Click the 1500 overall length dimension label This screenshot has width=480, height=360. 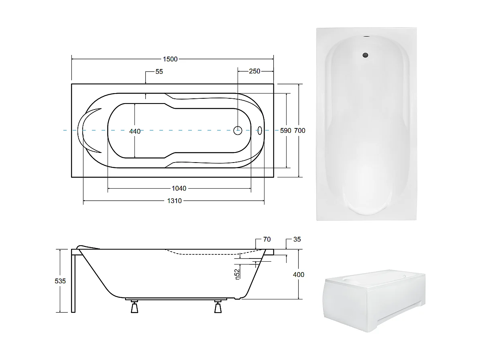(170, 59)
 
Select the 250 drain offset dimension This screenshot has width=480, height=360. (254, 71)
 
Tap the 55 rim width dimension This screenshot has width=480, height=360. (159, 72)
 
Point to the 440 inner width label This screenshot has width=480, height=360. (135, 131)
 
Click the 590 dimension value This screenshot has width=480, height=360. (285, 131)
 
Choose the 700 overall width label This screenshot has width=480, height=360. (300, 131)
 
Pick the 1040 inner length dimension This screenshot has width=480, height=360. (179, 189)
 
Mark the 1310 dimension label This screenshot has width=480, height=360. (175, 201)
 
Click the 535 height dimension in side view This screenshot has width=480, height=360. (60, 281)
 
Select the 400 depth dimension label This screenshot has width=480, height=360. (299, 275)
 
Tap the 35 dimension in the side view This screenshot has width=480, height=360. (297, 240)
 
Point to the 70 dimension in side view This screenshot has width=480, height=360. (266, 240)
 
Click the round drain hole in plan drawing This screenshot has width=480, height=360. (238, 130)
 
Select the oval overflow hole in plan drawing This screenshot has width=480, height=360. (259, 130)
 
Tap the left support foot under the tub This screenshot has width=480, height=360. (134, 307)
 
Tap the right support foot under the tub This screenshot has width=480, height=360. (218, 307)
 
